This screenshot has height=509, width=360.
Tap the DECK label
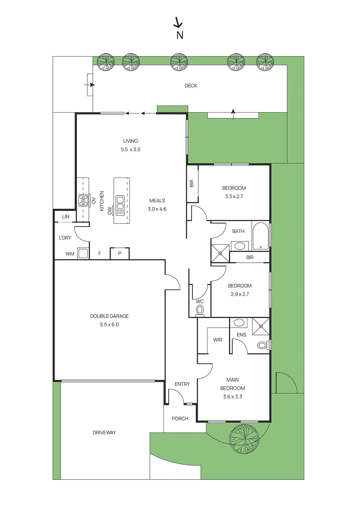tap(191, 86)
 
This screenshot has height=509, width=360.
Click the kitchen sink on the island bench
tap(119, 206)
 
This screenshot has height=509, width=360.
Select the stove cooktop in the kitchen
tap(83, 200)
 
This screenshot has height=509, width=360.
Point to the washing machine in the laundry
tap(83, 253)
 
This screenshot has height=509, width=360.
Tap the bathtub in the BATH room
tap(261, 236)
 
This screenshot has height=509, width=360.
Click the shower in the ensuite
tap(261, 326)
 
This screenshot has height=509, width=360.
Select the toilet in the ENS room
tap(264, 345)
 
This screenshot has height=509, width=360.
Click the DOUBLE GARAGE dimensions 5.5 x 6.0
tap(109, 324)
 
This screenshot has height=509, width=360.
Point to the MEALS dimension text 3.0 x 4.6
tap(157, 209)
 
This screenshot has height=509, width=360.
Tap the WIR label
tap(218, 340)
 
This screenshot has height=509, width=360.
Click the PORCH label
tap(180, 419)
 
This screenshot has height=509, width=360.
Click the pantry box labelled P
tap(120, 253)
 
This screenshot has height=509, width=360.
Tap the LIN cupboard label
tap(66, 217)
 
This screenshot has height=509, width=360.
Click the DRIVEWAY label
tap(104, 433)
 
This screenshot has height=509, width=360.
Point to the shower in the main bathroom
tap(220, 253)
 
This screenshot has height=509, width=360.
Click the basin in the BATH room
tap(239, 246)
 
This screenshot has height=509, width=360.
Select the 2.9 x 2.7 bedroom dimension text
tap(240, 294)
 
